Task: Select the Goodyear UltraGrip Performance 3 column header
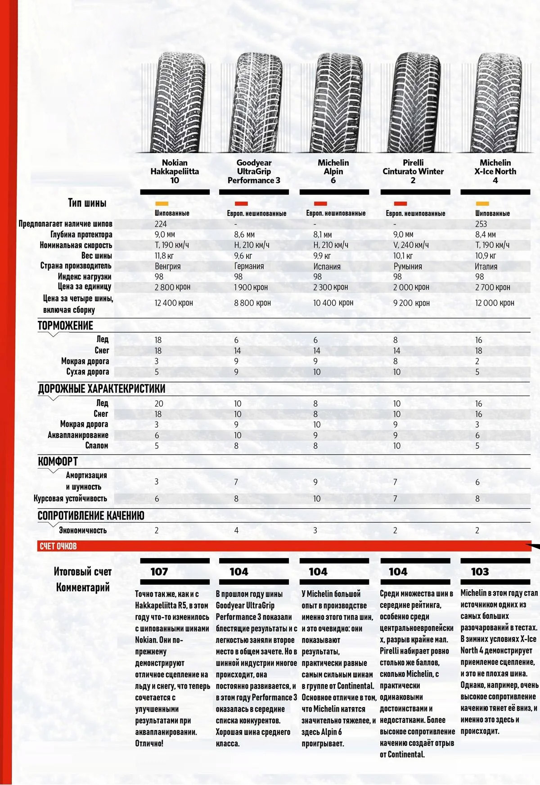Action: coord(254,171)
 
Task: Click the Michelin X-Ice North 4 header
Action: coord(495,171)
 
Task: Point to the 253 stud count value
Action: coord(481,224)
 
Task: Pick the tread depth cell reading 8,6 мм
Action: coord(244,235)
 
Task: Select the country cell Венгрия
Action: coord(167,266)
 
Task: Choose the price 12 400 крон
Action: coord(174,303)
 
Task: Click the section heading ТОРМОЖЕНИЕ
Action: coord(65,326)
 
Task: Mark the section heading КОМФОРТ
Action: coord(58,461)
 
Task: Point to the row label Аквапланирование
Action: coord(78,435)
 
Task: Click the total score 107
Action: coord(159,572)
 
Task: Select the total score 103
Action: coord(480,572)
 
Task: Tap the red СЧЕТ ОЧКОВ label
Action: coord(58,546)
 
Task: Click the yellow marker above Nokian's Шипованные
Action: coord(161,204)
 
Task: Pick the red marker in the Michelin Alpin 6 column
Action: coord(320,204)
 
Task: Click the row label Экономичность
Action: coord(83,530)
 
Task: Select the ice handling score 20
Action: coord(159,403)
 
